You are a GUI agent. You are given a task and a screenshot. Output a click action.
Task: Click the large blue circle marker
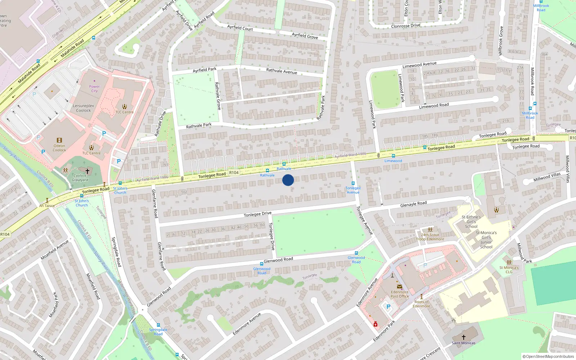pyautogui.click(x=288, y=180)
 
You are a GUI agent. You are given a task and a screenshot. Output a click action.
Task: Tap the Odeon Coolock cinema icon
pyautogui.click(x=59, y=140)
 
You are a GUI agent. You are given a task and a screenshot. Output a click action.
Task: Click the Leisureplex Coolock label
pyautogui.click(x=84, y=108)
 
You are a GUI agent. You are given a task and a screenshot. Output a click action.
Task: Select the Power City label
pyautogui.click(x=94, y=89)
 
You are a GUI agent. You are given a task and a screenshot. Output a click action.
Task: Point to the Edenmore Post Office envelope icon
pyautogui.click(x=399, y=287)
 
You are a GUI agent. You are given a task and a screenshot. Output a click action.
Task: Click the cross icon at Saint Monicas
pyautogui.click(x=464, y=337)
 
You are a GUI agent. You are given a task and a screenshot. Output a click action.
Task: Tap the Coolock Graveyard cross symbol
pyautogui.click(x=87, y=171)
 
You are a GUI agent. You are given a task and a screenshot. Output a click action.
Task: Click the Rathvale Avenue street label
pyautogui.click(x=282, y=71)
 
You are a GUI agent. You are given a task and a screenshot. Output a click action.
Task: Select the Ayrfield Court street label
pyautogui.click(x=240, y=28)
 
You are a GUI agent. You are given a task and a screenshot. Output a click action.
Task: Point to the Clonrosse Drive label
pyautogui.click(x=406, y=26)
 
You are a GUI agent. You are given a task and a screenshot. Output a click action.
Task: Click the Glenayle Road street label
pyautogui.click(x=413, y=204)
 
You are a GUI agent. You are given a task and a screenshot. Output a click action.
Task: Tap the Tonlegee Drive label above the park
pyautogui.click(x=257, y=214)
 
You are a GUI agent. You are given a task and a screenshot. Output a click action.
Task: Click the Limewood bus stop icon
pyautogui.click(x=393, y=156)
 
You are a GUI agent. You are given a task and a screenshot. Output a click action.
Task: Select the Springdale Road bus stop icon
pyautogui.click(x=158, y=325)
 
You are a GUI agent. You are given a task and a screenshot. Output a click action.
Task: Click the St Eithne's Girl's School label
pyautogui.click(x=471, y=222)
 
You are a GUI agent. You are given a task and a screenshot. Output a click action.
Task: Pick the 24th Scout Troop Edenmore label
pyautogui.click(x=430, y=237)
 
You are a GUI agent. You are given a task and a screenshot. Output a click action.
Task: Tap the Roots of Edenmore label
pyautogui.click(x=421, y=304)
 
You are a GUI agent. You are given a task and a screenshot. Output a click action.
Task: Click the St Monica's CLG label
pyautogui.click(x=509, y=270)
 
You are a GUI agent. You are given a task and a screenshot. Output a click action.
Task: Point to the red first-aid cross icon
pyautogui.click(x=375, y=324)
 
